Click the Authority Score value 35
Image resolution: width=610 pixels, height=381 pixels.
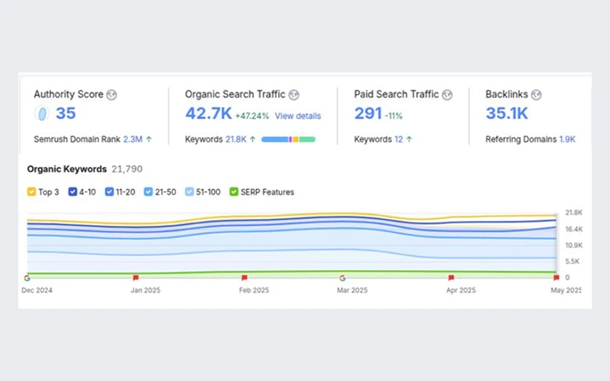(66, 114)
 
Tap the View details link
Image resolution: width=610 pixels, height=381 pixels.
(298, 116)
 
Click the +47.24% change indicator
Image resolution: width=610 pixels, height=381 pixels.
(252, 116)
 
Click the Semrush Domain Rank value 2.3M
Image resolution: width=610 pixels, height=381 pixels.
(133, 140)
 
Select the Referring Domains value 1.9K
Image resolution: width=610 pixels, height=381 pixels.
(567, 140)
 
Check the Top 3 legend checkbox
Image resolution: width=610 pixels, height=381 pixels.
(32, 192)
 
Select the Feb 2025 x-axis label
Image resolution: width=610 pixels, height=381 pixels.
(254, 290)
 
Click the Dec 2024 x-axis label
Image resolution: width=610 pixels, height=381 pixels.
(37, 290)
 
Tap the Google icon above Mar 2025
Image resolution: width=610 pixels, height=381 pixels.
(342, 278)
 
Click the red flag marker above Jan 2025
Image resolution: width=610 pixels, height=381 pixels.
(136, 278)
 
